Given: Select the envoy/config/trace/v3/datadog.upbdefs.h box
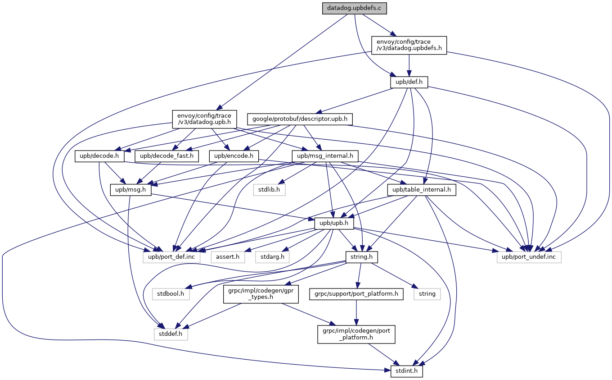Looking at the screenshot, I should coord(409,45).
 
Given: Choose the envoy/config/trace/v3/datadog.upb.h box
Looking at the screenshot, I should coord(205,119).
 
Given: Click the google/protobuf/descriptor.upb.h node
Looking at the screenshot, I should coord(300,119).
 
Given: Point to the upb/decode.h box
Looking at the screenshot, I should coord(99,156).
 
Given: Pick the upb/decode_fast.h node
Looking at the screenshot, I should coord(166,156).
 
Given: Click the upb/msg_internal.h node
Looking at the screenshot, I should coord(325,156).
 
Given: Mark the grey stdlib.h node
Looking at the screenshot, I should coord(269,190).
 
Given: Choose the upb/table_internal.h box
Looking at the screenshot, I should coord(422,190).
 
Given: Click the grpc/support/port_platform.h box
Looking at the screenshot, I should coord(356,294).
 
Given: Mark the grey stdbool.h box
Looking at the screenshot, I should coord(171,294).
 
